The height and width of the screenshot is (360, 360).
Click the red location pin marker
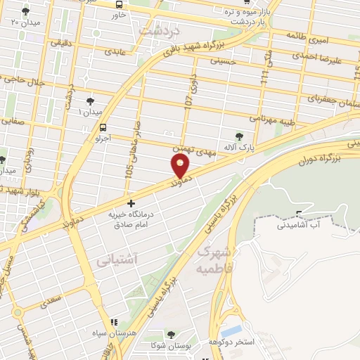pos(180,166)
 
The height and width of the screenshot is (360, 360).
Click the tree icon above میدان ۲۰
pos(26,12)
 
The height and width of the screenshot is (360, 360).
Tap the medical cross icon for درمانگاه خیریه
pos(130,203)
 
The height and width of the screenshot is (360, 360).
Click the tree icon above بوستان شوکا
pos(171,335)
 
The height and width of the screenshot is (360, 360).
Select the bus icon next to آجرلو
pos(103,128)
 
